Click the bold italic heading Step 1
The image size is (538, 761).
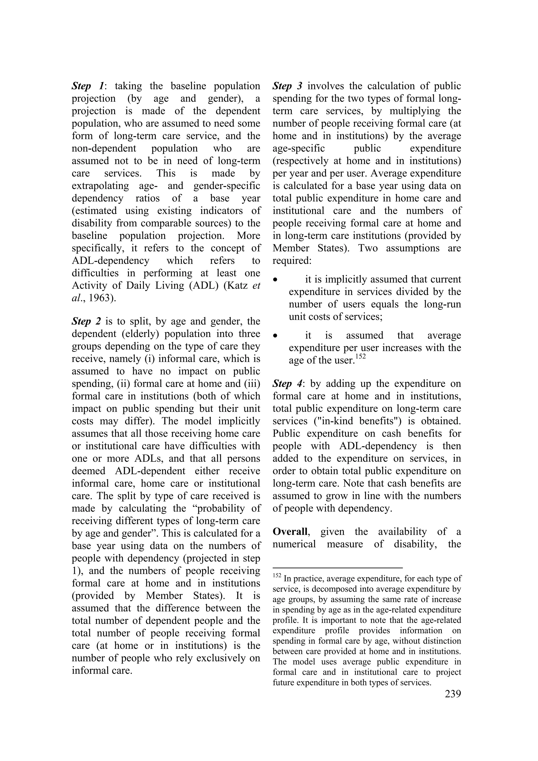click(x=87, y=86)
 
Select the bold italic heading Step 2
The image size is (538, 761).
click(x=86, y=321)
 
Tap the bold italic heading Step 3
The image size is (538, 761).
click(x=287, y=86)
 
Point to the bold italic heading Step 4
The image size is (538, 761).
click(x=287, y=384)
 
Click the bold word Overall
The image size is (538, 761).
click(x=290, y=532)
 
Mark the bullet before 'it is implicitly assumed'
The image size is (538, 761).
click(x=275, y=280)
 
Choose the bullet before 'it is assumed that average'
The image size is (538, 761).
click(x=275, y=336)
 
